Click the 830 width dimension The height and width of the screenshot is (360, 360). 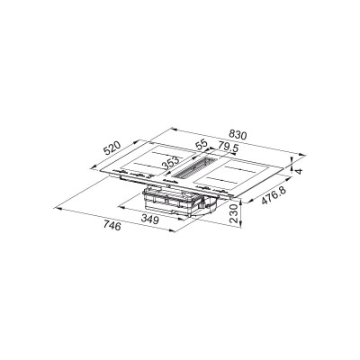click(236, 135)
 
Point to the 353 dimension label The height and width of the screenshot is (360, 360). click(169, 163)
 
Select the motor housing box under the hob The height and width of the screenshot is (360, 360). click(176, 202)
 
